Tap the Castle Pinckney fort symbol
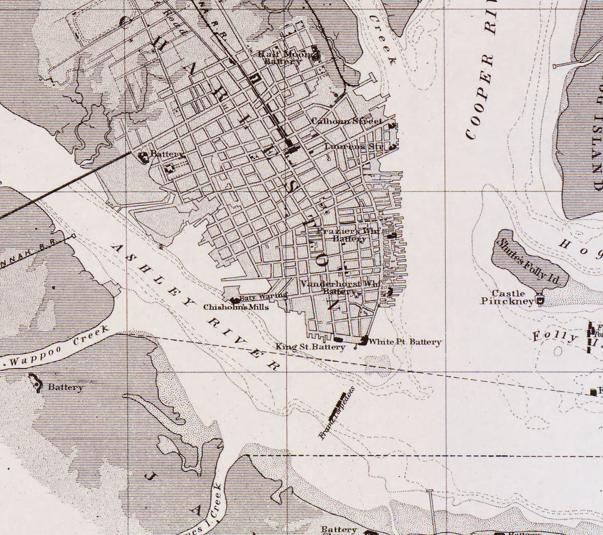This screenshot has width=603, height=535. coord(540,300)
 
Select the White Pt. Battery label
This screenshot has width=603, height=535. coord(405,342)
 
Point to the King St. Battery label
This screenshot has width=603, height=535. coord(310,347)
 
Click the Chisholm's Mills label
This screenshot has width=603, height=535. coord(236,307)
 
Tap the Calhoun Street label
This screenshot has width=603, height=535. coord(346,121)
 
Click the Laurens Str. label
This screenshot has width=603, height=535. coord(355,146)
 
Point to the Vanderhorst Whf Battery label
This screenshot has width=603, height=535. coord(340,287)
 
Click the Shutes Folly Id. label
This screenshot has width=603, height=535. coord(528,261)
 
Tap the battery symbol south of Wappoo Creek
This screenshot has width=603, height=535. coord(36,383)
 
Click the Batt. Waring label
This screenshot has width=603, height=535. coord(263,297)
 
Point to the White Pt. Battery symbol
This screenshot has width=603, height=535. coord(364,340)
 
